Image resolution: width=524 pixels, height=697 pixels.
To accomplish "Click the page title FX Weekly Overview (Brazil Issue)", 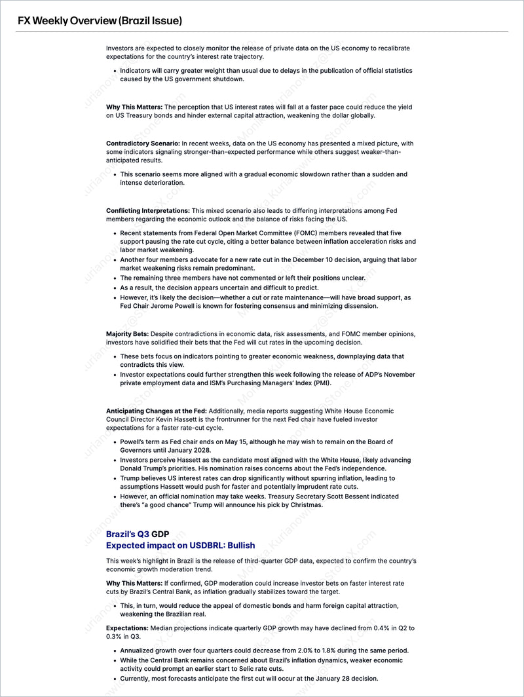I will click(x=100, y=20).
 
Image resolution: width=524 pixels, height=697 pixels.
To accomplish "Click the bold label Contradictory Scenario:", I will click(x=143, y=143).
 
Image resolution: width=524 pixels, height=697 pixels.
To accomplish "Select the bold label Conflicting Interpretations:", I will click(x=147, y=210).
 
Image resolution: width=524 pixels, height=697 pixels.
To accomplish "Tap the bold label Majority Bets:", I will click(x=127, y=334).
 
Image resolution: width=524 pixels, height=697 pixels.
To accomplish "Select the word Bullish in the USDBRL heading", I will click(x=237, y=545).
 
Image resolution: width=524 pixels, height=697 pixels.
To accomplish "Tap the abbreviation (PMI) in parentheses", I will click(x=319, y=383).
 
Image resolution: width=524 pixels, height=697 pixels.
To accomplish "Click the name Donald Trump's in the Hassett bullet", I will click(x=146, y=468).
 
